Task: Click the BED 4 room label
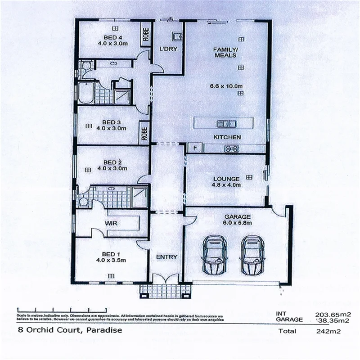pos(110,37)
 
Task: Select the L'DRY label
pos(168,49)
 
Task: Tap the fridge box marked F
pos(195,148)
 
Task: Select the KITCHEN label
pos(227,137)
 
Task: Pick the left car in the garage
pos(213,255)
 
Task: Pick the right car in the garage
pos(252,255)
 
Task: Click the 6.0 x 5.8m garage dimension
pos(237,223)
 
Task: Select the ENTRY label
pos(166,257)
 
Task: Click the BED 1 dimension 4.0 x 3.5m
pos(111,260)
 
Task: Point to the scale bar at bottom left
pos(61,310)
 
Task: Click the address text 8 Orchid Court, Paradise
pos(69,331)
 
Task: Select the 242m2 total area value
pos(328,332)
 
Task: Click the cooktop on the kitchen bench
pos(232,148)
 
